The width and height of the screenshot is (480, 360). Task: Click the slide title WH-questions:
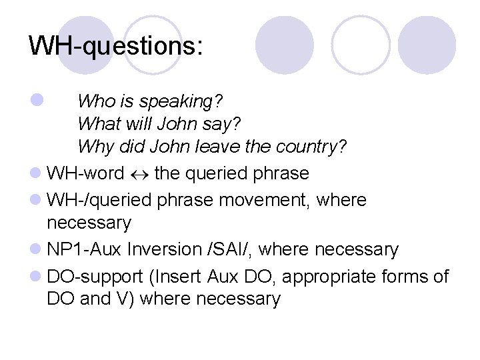116,47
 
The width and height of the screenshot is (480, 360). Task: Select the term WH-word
85,174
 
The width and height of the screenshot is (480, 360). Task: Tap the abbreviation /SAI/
230,250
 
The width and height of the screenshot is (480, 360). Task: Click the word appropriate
324,277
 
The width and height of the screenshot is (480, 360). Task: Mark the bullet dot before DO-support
35,276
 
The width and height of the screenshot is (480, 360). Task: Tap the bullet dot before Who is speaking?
35,101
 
